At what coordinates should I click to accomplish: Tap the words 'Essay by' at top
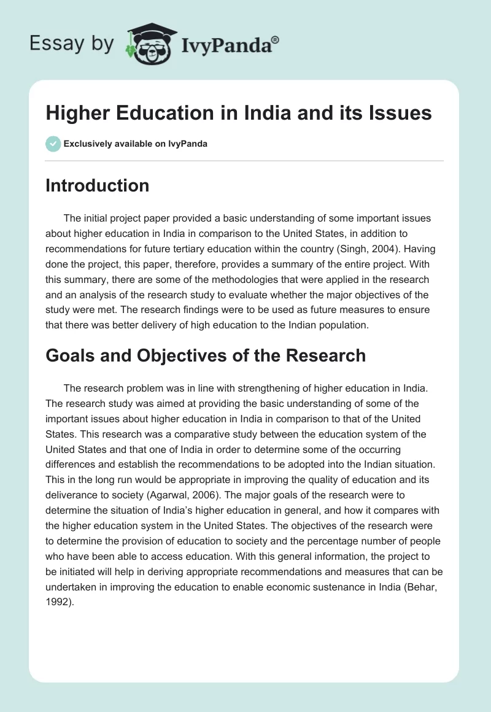pyautogui.click(x=72, y=44)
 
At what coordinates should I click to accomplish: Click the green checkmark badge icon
pyautogui.click(x=52, y=144)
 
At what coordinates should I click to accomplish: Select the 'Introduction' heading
pyautogui.click(x=97, y=185)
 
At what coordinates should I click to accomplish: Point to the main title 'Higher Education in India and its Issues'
pyautogui.click(x=238, y=114)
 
